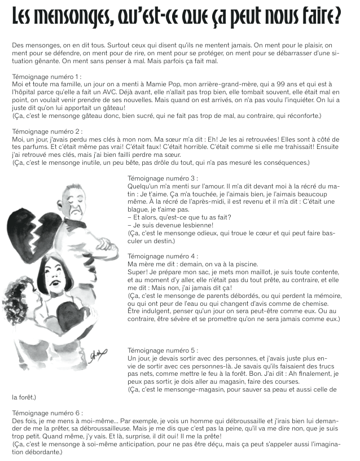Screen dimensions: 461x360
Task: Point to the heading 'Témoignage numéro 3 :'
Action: point(163,178)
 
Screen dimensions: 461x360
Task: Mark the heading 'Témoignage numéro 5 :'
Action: point(163,350)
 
